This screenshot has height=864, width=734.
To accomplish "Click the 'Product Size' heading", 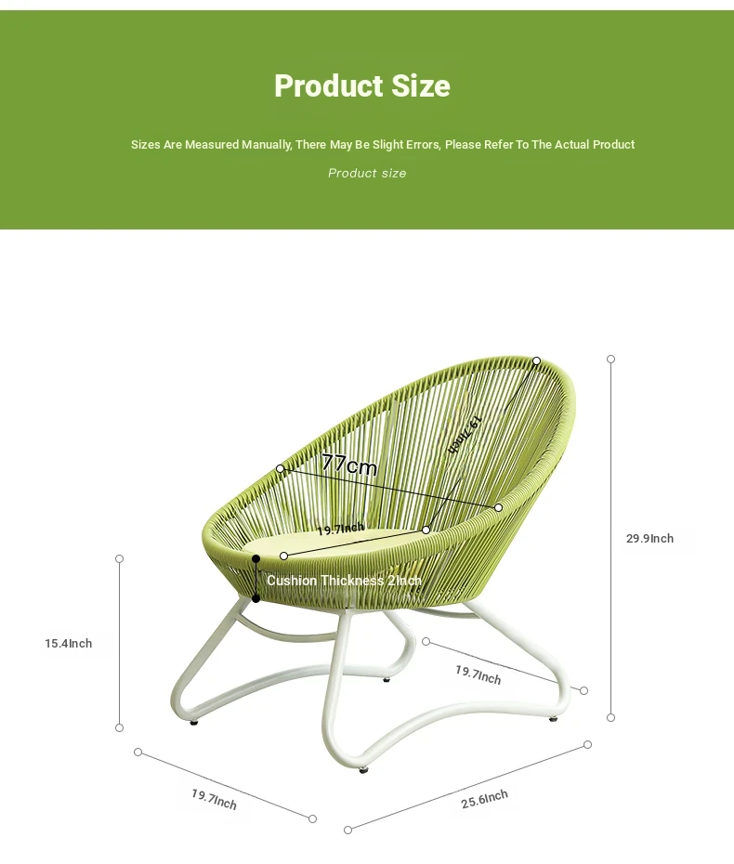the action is point(362,86).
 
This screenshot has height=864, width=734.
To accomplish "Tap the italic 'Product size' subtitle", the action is point(367,173).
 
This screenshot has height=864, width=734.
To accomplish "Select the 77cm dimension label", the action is point(348,465).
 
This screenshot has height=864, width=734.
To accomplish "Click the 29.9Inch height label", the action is point(649,538).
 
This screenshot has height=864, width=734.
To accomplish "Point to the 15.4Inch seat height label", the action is point(69,643).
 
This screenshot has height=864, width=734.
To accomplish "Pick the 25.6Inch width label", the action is point(484,798).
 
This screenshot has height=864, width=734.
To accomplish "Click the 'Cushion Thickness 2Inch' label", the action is point(344,581).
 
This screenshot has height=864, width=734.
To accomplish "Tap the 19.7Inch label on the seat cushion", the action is point(341,529).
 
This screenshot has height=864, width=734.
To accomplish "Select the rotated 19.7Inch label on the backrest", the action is point(465,435).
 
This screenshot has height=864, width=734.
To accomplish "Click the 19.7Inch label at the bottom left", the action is point(214,800).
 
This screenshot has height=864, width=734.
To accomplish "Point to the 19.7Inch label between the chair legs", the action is point(478,675).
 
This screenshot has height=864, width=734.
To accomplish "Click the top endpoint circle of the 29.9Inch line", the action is point(610,359).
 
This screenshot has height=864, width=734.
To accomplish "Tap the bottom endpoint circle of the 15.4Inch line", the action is point(119,728).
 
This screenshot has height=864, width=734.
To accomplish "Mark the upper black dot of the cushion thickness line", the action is point(256,558).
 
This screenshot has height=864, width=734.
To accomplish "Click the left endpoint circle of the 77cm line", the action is point(281,468).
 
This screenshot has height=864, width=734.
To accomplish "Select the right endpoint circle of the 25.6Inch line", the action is point(587,744).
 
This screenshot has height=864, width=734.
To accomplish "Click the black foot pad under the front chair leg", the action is point(363,770).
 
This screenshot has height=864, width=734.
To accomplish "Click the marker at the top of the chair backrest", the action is point(536,360).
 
